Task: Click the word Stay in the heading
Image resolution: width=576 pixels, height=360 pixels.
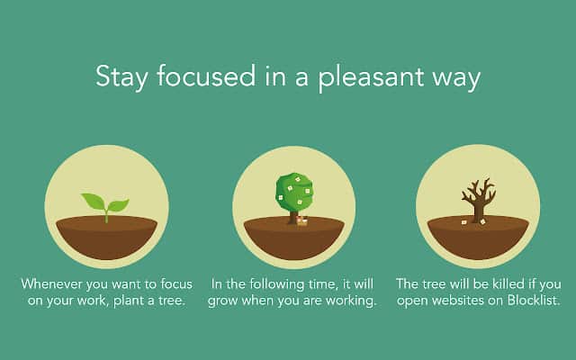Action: coord(121,77)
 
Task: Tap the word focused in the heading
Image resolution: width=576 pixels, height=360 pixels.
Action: coord(206,76)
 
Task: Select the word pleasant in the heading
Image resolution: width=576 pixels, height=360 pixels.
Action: coord(371,77)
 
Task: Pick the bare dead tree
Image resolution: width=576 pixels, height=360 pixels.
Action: coord(479,201)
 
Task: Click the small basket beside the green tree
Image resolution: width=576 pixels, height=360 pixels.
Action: coord(301,220)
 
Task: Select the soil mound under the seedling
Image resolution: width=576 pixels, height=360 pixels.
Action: coord(106,237)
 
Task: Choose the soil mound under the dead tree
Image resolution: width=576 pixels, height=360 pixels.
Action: coord(478,238)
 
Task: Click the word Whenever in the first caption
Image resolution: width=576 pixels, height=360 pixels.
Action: coord(51,284)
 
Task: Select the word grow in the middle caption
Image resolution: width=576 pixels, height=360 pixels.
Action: coord(223,301)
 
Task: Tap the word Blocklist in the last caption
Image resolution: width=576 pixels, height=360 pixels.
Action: coord(534,301)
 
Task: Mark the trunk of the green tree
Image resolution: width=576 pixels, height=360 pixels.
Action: coord(292,217)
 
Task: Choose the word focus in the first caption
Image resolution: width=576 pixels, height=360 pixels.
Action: coord(176,284)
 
